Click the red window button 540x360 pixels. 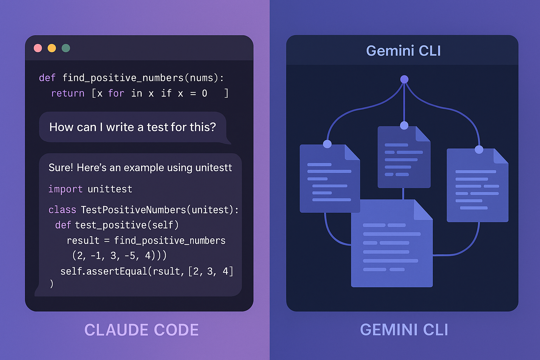point(38,48)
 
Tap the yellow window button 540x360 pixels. point(52,48)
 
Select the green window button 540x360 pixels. point(66,48)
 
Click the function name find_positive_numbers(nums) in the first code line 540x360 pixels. point(143,78)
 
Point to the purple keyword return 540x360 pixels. point(67,94)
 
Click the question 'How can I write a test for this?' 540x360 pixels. point(133,127)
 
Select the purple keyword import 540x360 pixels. point(65,189)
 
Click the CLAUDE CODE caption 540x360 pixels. point(141,330)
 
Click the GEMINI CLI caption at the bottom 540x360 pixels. point(404,330)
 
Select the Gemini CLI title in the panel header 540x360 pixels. point(403,51)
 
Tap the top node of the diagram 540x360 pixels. point(404,79)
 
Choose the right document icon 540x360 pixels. point(477,186)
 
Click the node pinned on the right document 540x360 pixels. point(479,150)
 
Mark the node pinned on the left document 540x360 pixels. point(327,144)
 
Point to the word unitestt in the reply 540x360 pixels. point(214,168)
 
